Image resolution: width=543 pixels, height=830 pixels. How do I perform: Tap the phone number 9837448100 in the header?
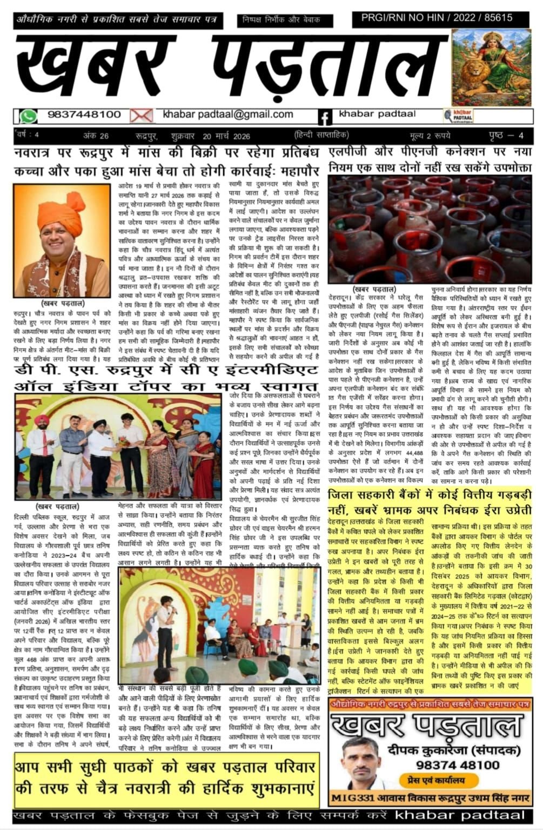tap(84, 115)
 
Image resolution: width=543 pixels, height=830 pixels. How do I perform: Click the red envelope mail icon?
tap(141, 116)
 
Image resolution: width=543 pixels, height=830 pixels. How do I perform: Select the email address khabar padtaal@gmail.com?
tap(228, 115)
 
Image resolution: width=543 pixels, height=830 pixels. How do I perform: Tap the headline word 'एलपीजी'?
tap(350, 153)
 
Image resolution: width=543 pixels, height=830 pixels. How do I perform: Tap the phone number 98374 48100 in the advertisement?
tap(458, 765)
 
